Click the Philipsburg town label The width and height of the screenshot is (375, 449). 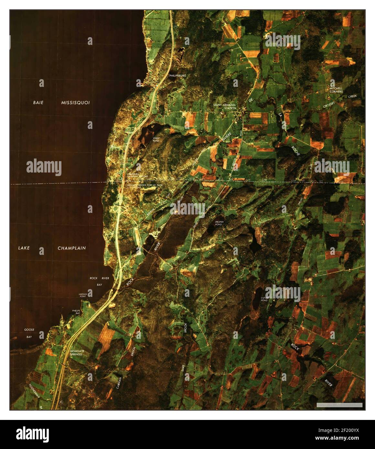point(177,75)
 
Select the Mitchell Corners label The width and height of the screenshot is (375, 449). point(336,90)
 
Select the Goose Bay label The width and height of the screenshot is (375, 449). point(29,333)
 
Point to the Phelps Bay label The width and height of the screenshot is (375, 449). point(76,312)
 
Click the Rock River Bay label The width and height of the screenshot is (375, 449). point(99,281)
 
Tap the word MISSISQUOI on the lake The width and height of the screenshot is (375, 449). point(75,102)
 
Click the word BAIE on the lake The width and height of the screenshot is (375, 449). point(38,102)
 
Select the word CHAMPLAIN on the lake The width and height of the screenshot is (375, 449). point(71,248)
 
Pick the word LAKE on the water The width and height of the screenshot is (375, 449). point(24,248)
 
